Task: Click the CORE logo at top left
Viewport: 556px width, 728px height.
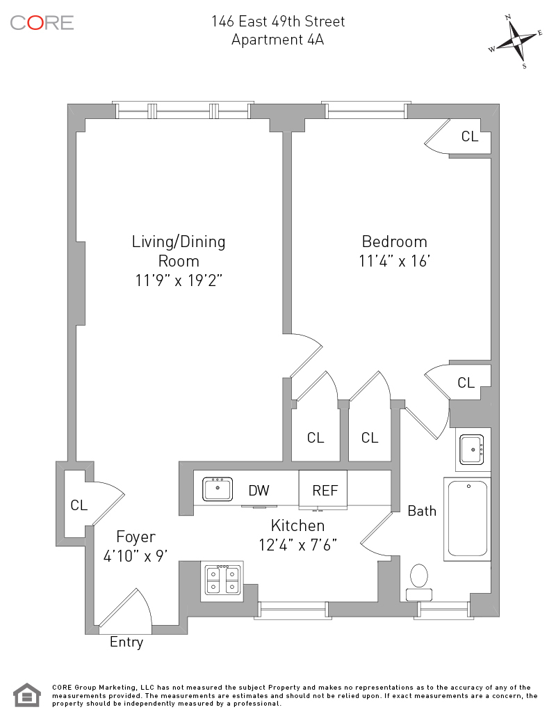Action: pos(42,22)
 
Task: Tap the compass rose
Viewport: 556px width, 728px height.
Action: pos(516,42)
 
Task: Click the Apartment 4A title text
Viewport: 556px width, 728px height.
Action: pos(278,40)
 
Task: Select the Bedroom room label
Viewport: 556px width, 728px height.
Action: pos(394,242)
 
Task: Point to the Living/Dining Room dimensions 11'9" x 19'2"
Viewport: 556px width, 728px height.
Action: pos(179,280)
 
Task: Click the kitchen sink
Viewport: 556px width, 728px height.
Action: pos(218,489)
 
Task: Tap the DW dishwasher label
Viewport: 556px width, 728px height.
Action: pos(259,491)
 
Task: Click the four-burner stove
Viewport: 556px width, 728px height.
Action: pos(223,579)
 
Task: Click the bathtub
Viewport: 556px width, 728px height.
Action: pos(468,519)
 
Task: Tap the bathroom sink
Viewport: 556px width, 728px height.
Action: pos(473,450)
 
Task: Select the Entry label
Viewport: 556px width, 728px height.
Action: pos(126,642)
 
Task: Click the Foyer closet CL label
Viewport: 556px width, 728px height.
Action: pos(79,505)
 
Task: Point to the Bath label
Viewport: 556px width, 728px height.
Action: pos(422,511)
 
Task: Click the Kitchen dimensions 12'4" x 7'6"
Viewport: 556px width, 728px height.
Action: pos(298,544)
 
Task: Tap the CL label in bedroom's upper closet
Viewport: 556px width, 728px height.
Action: pos(470,136)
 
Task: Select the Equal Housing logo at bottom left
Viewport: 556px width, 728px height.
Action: pos(27,695)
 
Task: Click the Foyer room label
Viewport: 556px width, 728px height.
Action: pos(136,537)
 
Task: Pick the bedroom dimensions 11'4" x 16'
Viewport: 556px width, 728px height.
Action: pos(395,262)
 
